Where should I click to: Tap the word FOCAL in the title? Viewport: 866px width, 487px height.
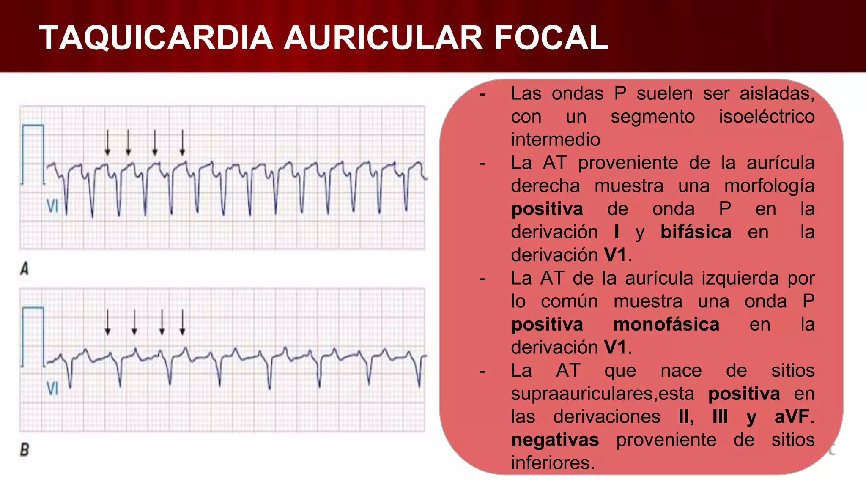tap(551, 38)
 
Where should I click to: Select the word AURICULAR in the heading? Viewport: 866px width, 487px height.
tap(383, 38)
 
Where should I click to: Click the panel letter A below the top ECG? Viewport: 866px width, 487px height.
tap(25, 268)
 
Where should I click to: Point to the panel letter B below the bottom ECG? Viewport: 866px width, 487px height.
tap(25, 449)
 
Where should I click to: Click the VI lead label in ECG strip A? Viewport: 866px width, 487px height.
tap(52, 206)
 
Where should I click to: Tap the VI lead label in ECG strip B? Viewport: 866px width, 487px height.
tap(52, 388)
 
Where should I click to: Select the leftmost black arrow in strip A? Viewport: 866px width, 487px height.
tap(107, 142)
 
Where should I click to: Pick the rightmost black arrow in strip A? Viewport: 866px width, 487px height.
tap(182, 142)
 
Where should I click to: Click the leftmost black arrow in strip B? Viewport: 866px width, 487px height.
tap(107, 323)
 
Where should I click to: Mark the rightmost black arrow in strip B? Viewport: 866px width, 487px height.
tap(182, 323)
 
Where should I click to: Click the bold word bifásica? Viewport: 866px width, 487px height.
tap(696, 232)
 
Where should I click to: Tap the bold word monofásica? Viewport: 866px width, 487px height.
tap(666, 325)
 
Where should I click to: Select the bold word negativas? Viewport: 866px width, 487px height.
tap(555, 440)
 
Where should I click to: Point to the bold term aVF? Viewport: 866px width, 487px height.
tap(792, 417)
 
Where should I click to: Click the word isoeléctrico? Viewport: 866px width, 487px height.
tap(767, 117)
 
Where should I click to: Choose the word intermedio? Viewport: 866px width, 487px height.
tap(555, 140)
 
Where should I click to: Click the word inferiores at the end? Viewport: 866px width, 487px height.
tap(552, 463)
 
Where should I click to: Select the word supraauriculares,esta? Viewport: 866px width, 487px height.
tap(602, 394)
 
